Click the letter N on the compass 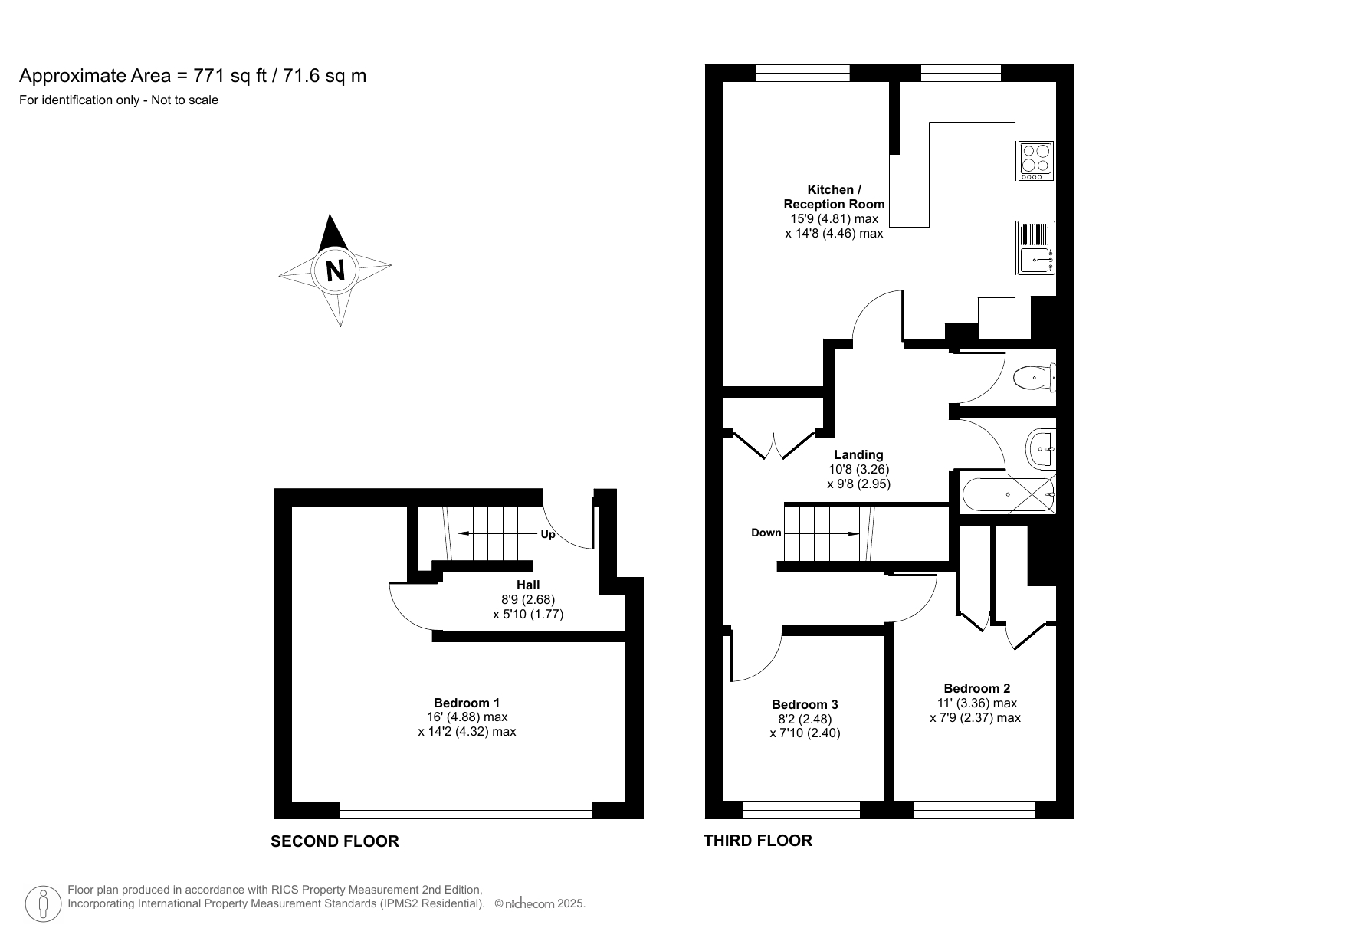(x=335, y=271)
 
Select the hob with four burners (x=1036, y=160)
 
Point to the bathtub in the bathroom (x=1006, y=494)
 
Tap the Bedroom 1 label (x=466, y=703)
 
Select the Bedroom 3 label (x=805, y=704)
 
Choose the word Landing (x=858, y=454)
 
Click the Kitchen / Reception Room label (x=834, y=197)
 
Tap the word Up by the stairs (x=548, y=534)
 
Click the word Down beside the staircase (x=766, y=533)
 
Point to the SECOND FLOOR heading (x=335, y=841)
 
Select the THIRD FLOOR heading (x=758, y=841)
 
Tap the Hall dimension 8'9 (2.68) (x=528, y=599)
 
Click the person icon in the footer (x=44, y=904)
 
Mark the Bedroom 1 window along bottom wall (x=466, y=810)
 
